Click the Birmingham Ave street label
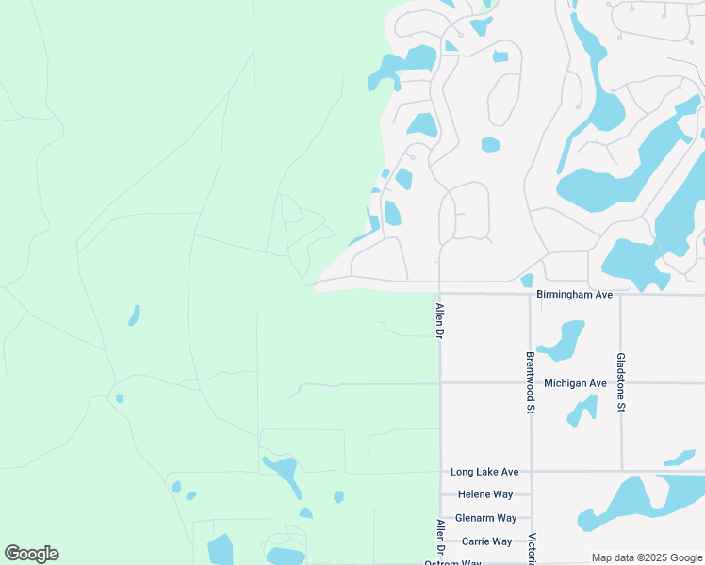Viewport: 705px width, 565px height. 574,295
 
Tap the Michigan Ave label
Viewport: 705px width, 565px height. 575,383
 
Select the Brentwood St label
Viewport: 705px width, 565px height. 530,383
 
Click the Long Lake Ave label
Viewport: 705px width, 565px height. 484,471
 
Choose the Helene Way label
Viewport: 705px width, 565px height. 484,494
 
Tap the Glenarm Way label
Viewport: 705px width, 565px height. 485,518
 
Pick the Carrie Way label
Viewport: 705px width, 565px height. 486,541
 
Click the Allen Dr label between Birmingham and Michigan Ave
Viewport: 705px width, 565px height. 439,321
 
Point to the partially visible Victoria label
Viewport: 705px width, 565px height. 533,549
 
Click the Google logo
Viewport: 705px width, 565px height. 31,554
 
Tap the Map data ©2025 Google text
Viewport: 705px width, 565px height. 648,557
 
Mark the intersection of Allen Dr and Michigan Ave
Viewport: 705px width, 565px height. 440,383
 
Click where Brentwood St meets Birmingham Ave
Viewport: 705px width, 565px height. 530,294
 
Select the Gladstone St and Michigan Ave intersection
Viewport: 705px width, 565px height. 620,383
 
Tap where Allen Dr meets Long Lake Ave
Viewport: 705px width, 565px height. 440,471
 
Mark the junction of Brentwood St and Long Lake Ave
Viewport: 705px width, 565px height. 531,471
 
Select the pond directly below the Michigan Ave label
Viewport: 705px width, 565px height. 582,410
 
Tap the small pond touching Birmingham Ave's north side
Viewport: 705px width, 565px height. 527,280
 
